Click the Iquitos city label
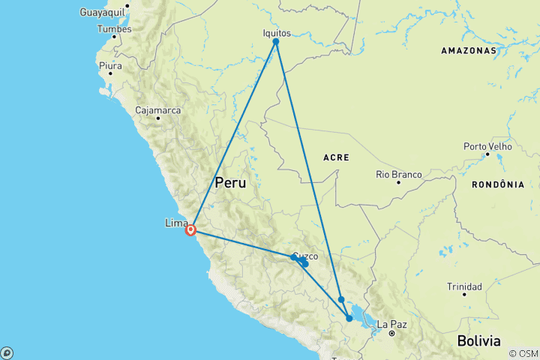(277, 33)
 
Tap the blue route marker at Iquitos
(276, 42)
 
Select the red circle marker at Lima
(191, 230)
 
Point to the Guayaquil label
(104, 13)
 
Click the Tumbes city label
(114, 29)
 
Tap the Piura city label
(109, 64)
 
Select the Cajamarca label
(157, 110)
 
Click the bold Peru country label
(231, 182)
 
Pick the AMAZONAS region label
(469, 51)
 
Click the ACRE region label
(336, 157)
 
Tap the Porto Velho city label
(487, 146)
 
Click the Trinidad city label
(464, 286)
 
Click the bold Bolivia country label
(479, 340)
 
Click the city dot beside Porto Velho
(487, 154)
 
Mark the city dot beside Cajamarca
(158, 118)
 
